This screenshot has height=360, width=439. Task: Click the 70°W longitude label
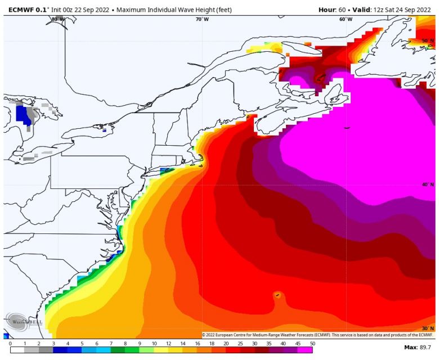coord(202,19)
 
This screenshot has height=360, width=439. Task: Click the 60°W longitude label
coord(346,19)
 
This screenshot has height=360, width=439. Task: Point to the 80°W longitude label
coord(57,19)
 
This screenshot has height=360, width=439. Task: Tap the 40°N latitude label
coord(428,184)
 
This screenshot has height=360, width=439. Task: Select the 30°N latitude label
coord(428,328)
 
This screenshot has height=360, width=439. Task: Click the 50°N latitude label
coord(428,41)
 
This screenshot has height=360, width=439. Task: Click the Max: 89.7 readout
coord(418,348)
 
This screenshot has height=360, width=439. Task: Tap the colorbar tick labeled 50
coord(312,343)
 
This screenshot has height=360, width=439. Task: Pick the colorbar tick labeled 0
coord(10,343)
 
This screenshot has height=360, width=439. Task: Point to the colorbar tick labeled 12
coord(168,343)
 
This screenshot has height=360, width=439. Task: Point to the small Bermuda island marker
coord(277,294)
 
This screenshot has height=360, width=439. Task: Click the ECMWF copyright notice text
coord(317,335)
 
